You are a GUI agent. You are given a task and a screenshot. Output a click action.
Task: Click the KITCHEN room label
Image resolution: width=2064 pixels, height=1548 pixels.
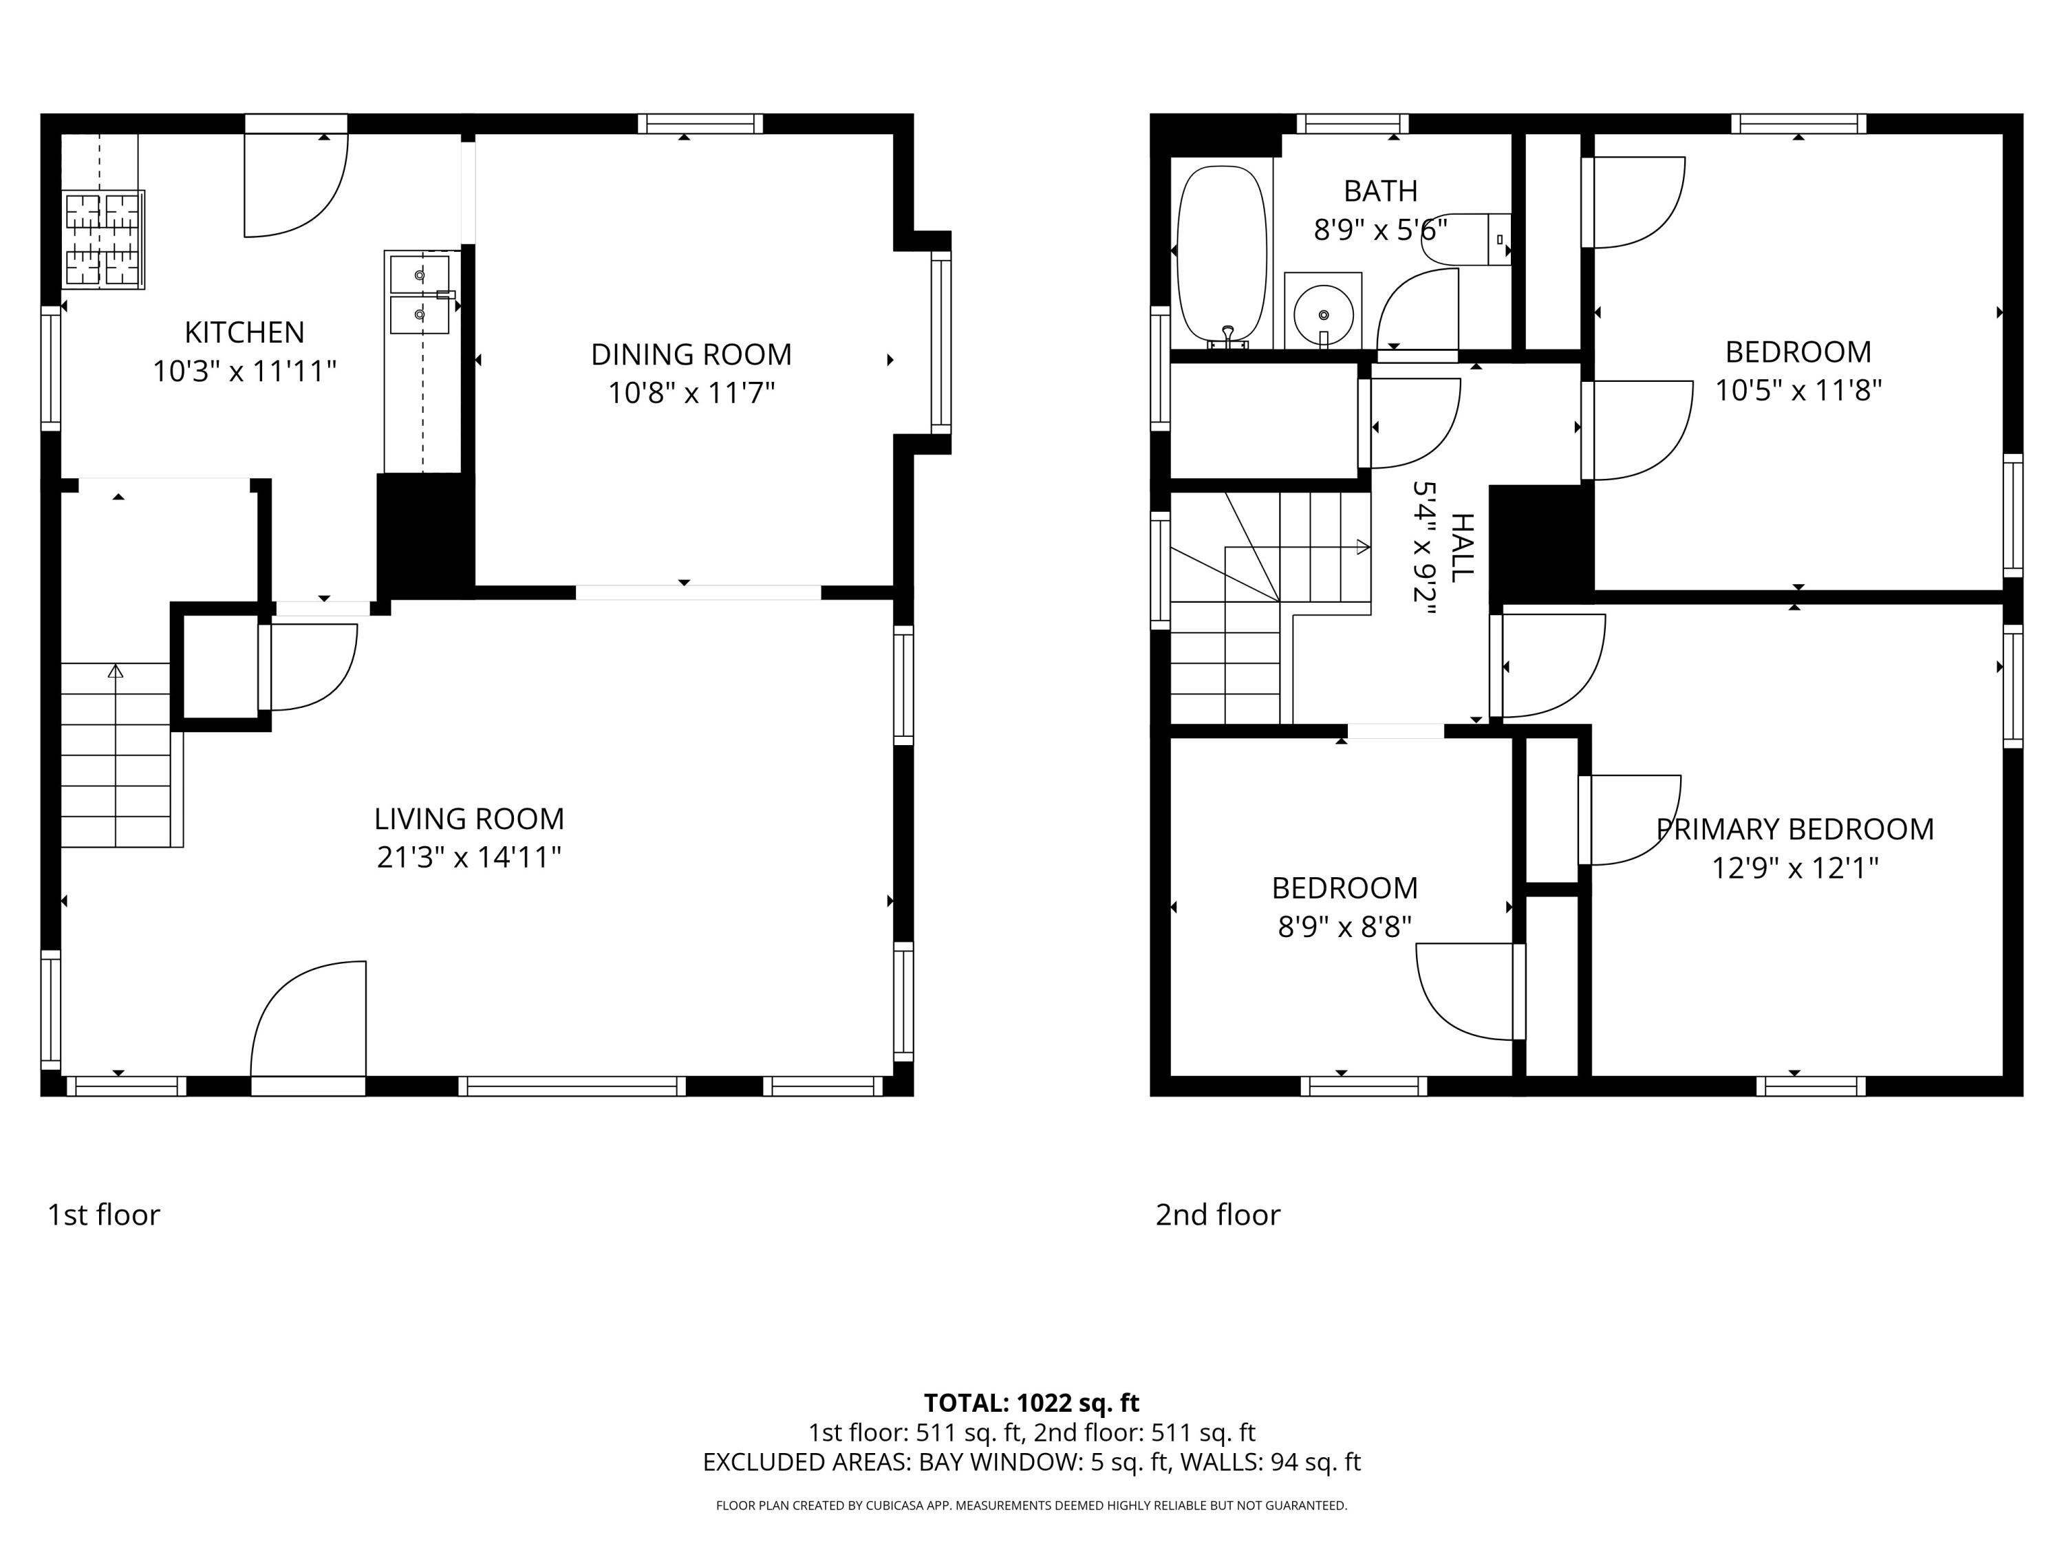click(x=244, y=332)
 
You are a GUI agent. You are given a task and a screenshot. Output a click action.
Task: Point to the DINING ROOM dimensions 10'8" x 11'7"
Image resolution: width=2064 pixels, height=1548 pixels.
click(x=691, y=393)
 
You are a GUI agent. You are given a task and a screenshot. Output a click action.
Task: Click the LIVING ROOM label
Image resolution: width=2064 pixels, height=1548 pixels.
click(x=469, y=818)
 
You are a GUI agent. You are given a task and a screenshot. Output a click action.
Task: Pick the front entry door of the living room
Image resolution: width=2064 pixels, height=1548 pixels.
click(x=308, y=1026)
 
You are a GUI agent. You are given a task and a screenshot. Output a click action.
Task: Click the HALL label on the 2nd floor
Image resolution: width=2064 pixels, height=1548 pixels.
click(x=1461, y=548)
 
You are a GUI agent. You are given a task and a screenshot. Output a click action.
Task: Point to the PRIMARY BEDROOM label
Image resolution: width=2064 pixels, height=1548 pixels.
click(x=1794, y=828)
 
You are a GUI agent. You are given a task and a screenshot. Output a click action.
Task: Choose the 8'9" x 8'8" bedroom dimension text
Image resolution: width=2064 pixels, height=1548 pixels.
click(x=1344, y=927)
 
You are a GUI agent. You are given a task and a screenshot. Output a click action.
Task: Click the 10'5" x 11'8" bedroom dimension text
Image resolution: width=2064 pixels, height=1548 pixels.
click(x=1798, y=390)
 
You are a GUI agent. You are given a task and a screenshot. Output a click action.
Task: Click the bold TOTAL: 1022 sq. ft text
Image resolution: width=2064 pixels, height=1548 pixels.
click(x=1031, y=1402)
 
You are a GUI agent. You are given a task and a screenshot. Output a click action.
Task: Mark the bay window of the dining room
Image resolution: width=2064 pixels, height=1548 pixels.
click(x=940, y=343)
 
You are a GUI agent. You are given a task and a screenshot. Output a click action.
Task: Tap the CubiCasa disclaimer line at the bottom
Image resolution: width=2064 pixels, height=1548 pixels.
click(x=1031, y=1505)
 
